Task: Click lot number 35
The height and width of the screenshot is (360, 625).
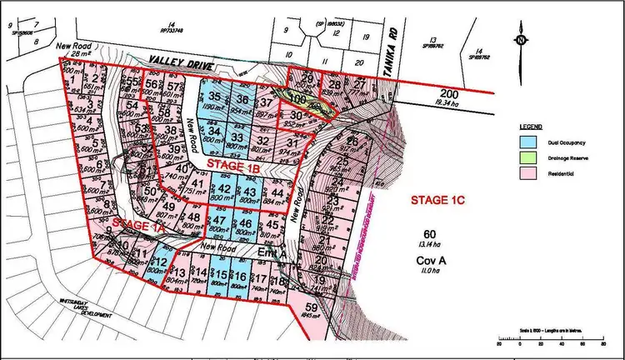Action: tap(215, 98)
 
